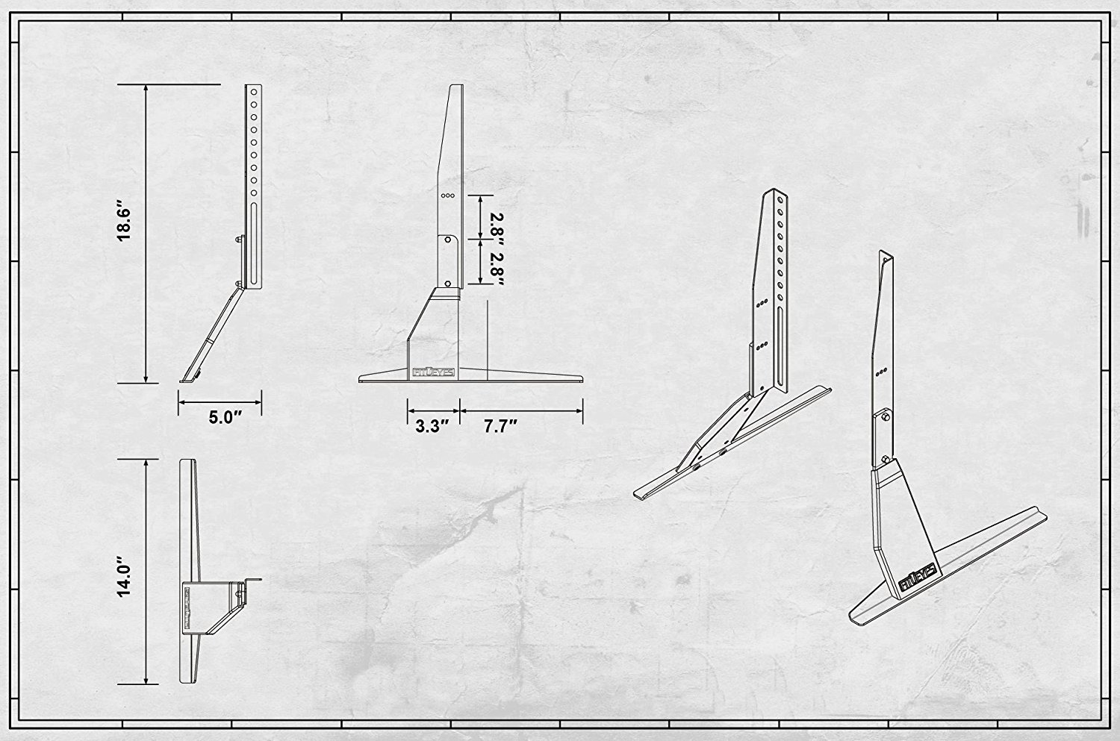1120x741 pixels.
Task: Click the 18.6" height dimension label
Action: point(124,221)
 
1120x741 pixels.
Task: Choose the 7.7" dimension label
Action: point(500,426)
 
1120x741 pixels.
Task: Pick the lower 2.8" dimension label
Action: point(497,269)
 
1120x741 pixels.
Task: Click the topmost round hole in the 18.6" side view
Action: point(254,93)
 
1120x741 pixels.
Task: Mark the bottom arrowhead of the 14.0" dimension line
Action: point(146,680)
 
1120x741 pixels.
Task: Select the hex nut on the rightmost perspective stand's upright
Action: point(885,416)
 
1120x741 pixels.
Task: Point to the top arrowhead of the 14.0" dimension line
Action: point(146,463)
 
